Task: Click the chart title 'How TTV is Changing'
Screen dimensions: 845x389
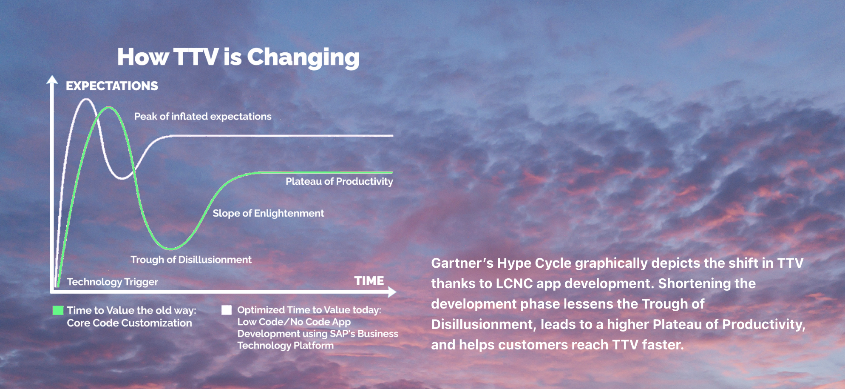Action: [x=238, y=57]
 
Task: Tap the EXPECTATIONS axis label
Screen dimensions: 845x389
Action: [x=112, y=86]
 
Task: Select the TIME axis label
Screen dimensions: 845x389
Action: [x=369, y=281]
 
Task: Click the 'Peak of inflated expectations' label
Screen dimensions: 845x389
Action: [x=203, y=117]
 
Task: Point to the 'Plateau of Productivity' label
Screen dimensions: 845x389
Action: [x=339, y=182]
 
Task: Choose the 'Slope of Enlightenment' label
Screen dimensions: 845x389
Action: [x=268, y=213]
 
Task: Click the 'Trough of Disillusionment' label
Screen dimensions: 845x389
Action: [x=191, y=260]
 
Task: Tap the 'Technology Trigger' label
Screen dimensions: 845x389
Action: [x=112, y=282]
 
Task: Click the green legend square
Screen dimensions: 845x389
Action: [x=58, y=310]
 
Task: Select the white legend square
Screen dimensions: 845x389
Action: [x=227, y=310]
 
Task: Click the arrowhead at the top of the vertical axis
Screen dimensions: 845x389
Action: [x=52, y=80]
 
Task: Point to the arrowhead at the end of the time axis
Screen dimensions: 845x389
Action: [x=392, y=292]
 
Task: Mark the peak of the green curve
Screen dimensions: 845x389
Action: [x=109, y=108]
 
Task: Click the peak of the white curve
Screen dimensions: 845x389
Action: [x=86, y=99]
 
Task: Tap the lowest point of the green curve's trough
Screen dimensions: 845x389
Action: [x=171, y=248]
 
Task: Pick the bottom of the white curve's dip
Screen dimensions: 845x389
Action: [x=122, y=178]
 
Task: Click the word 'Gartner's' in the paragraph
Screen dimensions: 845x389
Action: [x=462, y=263]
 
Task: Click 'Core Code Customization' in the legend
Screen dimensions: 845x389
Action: [x=129, y=323]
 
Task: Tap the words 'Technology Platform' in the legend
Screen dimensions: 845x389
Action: [x=285, y=346]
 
